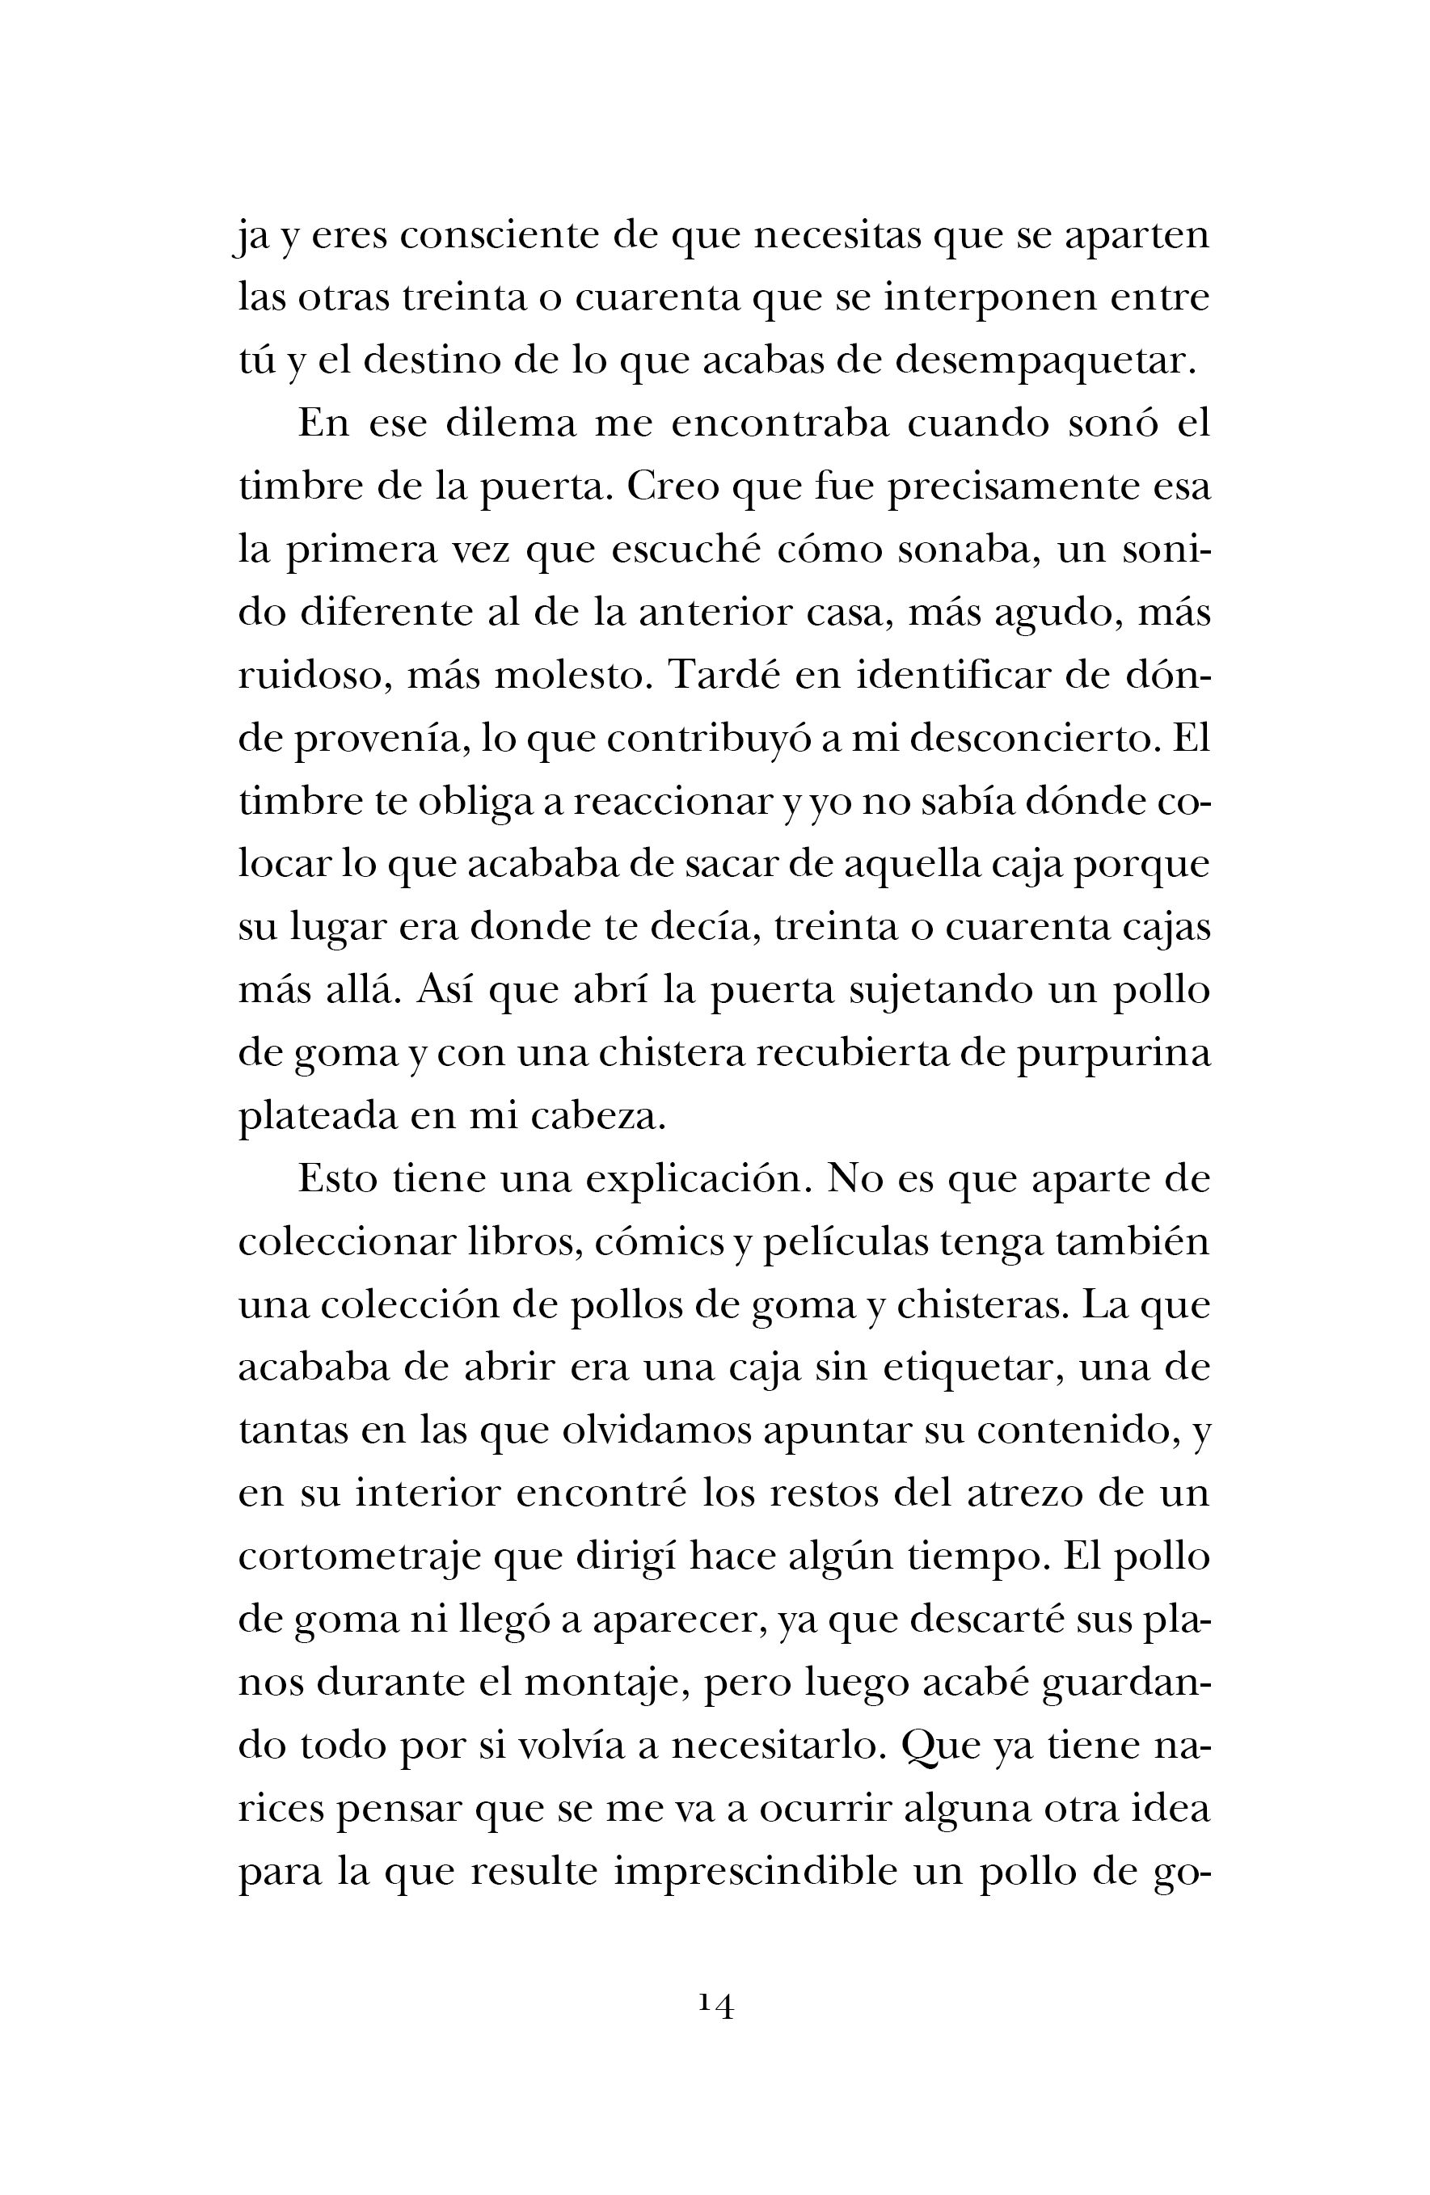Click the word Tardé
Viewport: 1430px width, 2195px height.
(726, 675)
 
